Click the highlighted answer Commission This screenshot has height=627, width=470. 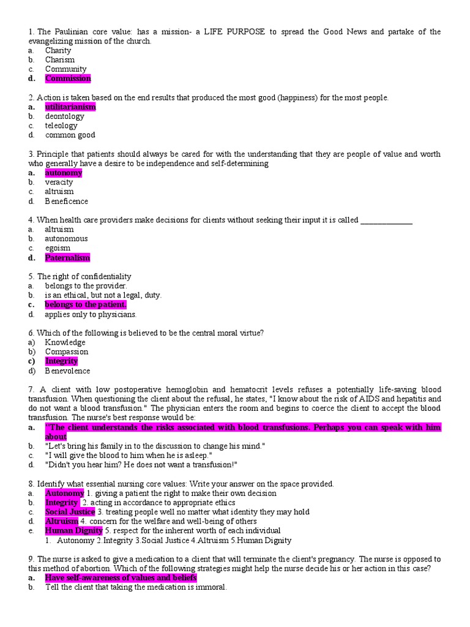(67, 78)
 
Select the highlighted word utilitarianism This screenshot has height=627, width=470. (70, 107)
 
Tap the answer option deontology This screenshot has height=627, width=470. (64, 116)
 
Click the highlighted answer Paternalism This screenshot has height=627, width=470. (67, 258)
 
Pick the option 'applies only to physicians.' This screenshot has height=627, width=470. (91, 314)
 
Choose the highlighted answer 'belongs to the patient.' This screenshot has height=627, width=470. (86, 305)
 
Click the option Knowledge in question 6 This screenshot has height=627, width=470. (65, 342)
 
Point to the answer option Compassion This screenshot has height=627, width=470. (66, 352)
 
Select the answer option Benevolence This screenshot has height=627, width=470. (67, 370)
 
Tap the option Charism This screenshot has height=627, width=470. (59, 60)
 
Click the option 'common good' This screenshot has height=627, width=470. (70, 135)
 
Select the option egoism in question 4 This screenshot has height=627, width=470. (58, 248)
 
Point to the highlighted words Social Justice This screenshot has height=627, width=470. (70, 512)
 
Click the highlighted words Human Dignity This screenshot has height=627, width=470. (73, 531)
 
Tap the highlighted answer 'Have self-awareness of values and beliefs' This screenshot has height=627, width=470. (121, 578)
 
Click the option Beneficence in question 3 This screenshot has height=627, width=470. (66, 201)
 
